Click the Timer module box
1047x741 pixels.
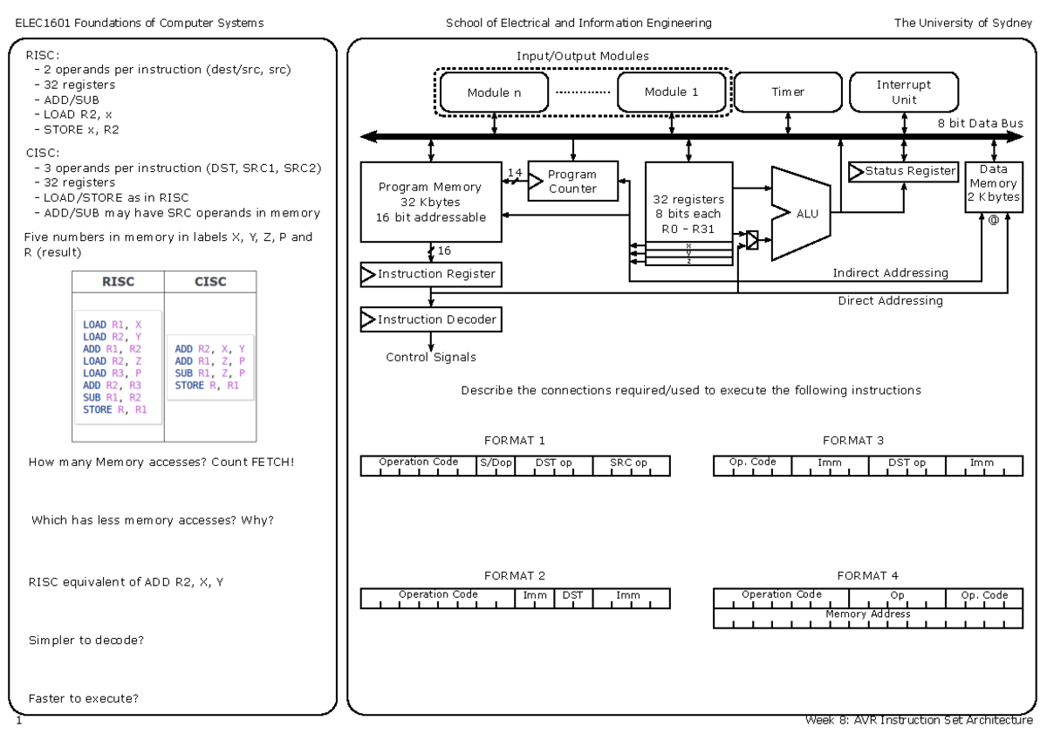coord(787,92)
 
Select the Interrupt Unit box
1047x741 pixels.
coord(903,92)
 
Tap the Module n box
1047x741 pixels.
coord(494,92)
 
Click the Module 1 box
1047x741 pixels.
coord(671,92)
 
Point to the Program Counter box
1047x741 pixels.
coord(571,182)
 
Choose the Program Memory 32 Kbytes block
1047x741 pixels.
coord(431,202)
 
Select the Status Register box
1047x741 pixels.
coord(904,171)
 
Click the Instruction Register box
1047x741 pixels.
coord(431,274)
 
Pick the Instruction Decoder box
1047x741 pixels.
coord(431,319)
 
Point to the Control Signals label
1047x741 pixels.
coord(431,357)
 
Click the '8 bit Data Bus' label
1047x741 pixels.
coord(980,123)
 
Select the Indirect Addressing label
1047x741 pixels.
coord(890,273)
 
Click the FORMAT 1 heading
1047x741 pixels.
coord(515,441)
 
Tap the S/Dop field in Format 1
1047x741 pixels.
coord(496,463)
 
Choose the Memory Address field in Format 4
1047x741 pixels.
coord(867,614)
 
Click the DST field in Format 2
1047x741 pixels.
coord(571,595)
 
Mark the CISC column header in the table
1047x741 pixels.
coord(210,281)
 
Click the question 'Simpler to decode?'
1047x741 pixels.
coord(86,641)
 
